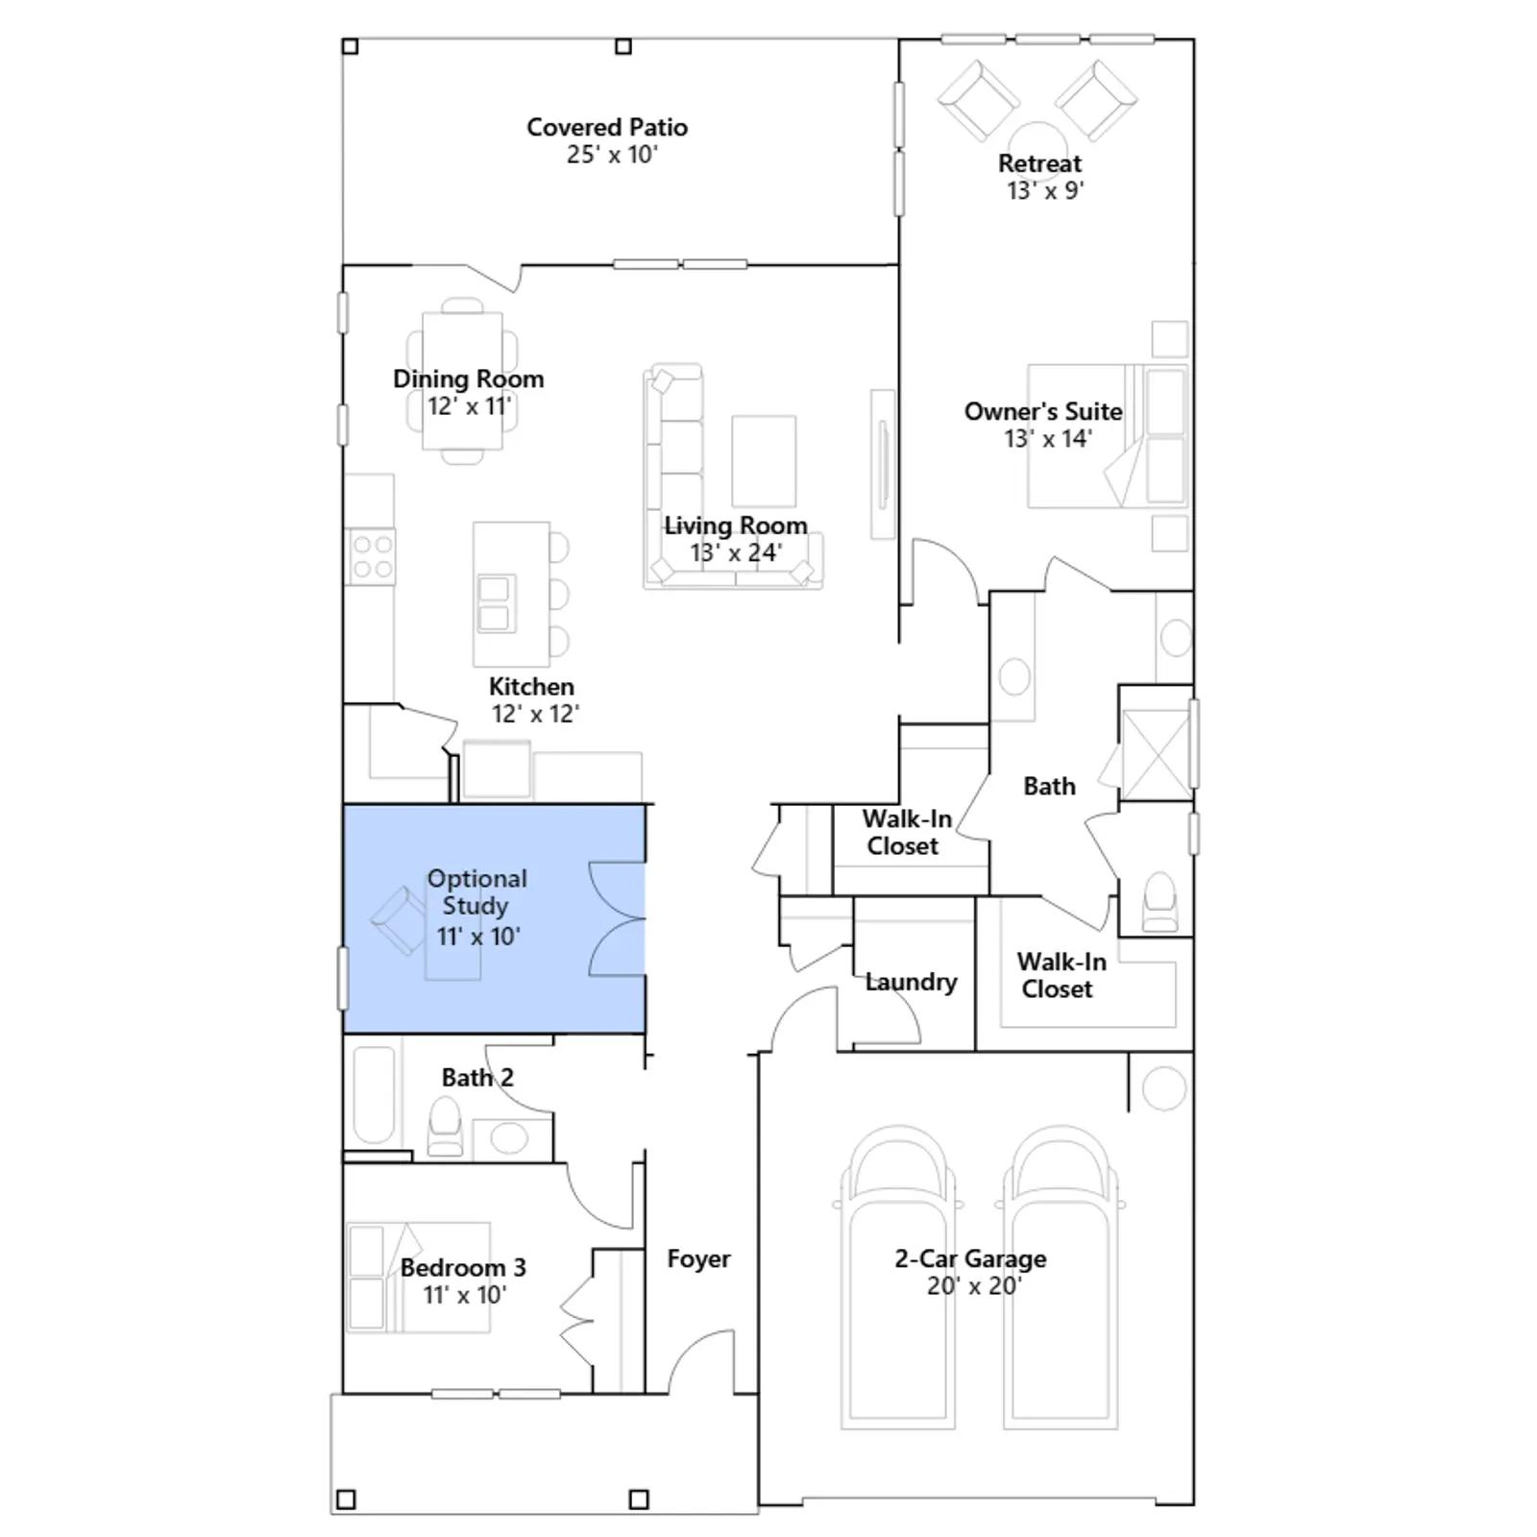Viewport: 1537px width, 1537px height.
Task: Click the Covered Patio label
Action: pyautogui.click(x=607, y=127)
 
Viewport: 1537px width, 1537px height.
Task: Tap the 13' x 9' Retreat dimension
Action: pyautogui.click(x=1045, y=190)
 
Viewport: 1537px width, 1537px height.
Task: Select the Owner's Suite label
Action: pyautogui.click(x=1043, y=411)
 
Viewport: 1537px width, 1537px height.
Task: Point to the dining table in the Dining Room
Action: pyautogui.click(x=462, y=380)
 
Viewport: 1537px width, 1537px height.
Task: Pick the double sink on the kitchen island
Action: pyautogui.click(x=496, y=603)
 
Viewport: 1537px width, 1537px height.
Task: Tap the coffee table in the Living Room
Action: pyautogui.click(x=764, y=461)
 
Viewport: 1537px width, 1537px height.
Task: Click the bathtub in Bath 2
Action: pyautogui.click(x=374, y=1095)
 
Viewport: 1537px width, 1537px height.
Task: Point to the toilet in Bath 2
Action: pyautogui.click(x=445, y=1126)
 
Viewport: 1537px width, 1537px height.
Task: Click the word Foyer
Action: pyautogui.click(x=698, y=1258)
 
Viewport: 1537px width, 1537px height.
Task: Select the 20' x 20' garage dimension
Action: pyautogui.click(x=974, y=1285)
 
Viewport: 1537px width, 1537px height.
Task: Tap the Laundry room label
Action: pyautogui.click(x=911, y=982)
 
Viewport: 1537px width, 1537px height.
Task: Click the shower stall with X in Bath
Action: pyautogui.click(x=1156, y=754)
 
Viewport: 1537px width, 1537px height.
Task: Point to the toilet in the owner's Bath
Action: pyautogui.click(x=1160, y=902)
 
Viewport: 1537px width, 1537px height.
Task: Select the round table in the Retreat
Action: pyautogui.click(x=1037, y=140)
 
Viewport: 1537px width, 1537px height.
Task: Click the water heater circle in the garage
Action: pyautogui.click(x=1163, y=1088)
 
